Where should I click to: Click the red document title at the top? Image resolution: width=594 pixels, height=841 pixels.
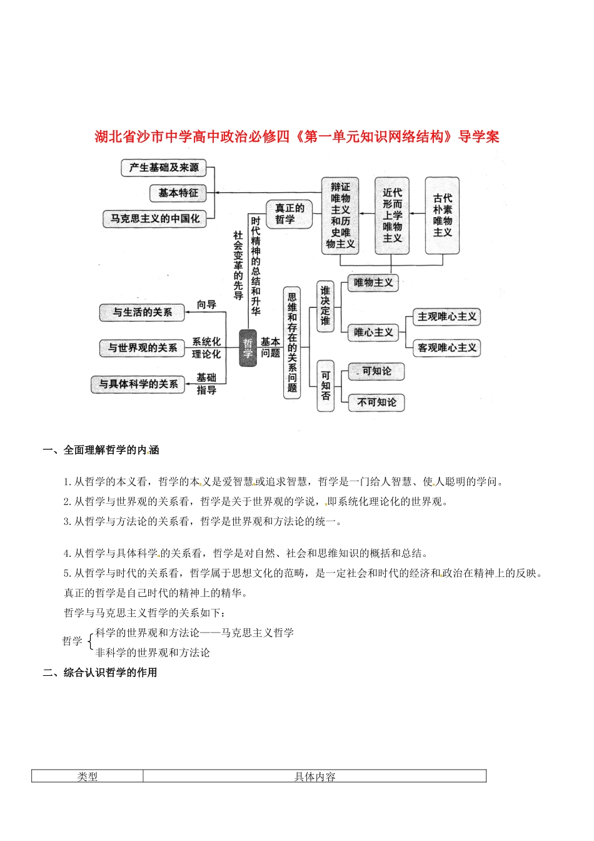tap(297, 137)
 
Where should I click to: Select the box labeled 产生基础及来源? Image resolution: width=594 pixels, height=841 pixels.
tap(164, 168)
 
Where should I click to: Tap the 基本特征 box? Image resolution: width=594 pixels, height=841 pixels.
tap(178, 193)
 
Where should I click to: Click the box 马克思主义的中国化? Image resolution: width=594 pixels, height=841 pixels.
tap(155, 219)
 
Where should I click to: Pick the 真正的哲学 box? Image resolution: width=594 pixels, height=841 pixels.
tap(289, 213)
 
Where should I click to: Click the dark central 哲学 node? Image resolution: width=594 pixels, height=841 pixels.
tap(248, 348)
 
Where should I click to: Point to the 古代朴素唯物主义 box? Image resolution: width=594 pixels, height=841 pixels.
tap(442, 215)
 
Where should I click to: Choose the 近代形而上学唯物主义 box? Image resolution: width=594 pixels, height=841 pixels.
tap(392, 215)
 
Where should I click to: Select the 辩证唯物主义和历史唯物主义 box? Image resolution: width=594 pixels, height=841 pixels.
tap(340, 215)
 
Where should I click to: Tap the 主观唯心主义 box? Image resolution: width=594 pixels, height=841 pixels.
tap(446, 317)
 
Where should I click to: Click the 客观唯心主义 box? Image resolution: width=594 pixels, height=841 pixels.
tap(446, 348)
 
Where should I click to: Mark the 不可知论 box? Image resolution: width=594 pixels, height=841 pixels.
tap(376, 402)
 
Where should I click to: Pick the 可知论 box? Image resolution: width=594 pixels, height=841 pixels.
tap(376, 371)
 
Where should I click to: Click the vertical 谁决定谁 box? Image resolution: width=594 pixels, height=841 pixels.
tap(325, 306)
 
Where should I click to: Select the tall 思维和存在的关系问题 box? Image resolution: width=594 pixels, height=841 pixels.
tap(292, 343)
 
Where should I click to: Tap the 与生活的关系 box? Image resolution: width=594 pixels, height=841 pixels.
tap(142, 312)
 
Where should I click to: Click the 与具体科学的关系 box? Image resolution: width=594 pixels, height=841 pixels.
tap(138, 384)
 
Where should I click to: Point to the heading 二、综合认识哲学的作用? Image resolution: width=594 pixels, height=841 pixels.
tap(100, 673)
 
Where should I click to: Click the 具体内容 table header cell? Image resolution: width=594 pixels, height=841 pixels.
tap(315, 777)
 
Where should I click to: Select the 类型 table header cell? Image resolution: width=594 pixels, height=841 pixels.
tap(88, 777)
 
